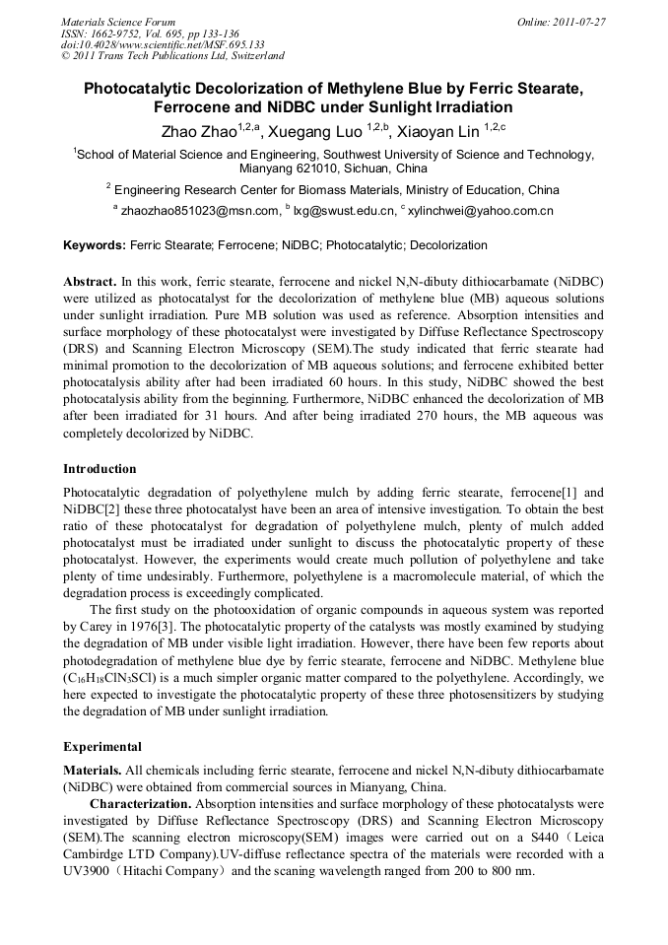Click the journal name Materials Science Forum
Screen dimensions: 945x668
[118, 22]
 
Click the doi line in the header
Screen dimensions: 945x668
[163, 44]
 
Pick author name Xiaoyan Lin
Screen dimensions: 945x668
[439, 132]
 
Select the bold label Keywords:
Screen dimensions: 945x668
[95, 245]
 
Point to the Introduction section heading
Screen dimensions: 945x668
[100, 468]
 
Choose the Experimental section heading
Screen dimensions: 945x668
[102, 747]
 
